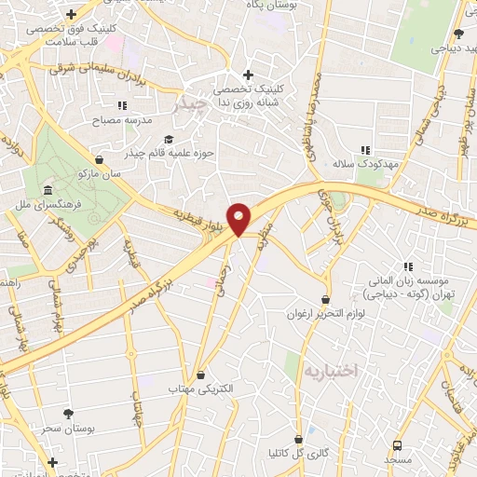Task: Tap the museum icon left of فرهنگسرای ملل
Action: (x=48, y=190)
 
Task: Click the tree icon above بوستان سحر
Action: (x=70, y=412)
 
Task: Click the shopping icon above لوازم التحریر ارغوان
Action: (x=324, y=299)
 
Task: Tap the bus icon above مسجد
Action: (x=398, y=445)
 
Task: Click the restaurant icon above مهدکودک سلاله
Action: (x=365, y=149)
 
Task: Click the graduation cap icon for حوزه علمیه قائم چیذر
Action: (x=168, y=139)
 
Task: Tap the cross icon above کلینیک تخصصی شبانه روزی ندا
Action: (x=247, y=75)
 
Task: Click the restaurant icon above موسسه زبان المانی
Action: (x=407, y=266)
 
